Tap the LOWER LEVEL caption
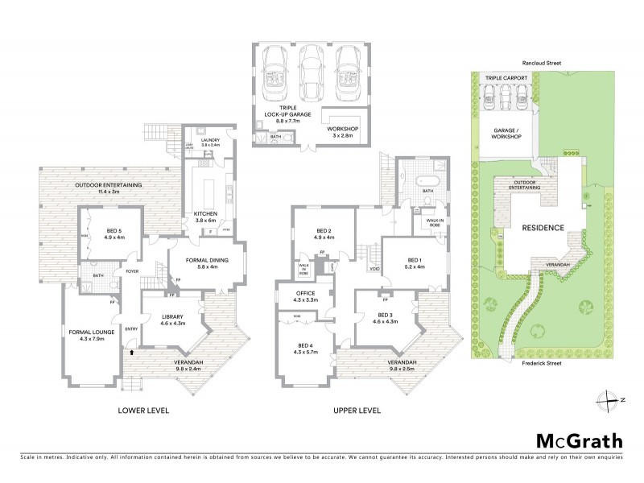146,411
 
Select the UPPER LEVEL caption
357,411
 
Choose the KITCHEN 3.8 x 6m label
206,216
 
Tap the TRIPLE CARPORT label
506,78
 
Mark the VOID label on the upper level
374,269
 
